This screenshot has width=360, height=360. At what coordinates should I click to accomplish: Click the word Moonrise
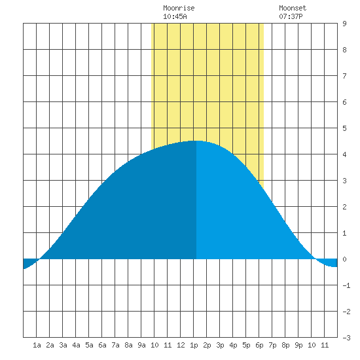[179, 8]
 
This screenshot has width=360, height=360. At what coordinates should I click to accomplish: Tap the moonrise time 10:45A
[175, 16]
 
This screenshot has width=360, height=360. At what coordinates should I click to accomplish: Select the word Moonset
[293, 8]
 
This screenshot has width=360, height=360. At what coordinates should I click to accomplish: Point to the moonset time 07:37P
[291, 16]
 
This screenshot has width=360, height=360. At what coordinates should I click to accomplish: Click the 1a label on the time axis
[37, 345]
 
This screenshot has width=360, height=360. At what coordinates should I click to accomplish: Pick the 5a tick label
[89, 345]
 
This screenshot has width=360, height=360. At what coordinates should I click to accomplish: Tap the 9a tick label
[141, 345]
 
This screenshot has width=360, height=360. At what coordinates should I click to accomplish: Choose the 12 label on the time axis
[181, 345]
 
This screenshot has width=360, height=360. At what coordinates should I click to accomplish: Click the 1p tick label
[194, 345]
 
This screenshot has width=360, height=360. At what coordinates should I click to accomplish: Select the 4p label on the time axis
[233, 345]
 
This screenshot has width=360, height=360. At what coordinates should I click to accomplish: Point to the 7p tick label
[272, 345]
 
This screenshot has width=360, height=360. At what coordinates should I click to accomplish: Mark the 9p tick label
[298, 345]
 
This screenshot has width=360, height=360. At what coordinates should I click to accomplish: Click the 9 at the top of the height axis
[344, 24]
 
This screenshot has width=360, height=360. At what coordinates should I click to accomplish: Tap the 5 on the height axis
[344, 128]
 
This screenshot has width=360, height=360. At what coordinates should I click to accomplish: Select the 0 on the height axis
[344, 259]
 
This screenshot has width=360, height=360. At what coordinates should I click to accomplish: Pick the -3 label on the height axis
[346, 338]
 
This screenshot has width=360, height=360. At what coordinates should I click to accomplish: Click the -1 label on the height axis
[346, 285]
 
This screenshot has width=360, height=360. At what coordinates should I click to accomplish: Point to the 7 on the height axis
[344, 76]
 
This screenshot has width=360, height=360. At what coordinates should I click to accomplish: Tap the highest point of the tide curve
[196, 141]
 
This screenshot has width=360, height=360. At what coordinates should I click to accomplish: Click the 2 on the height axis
[344, 207]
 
